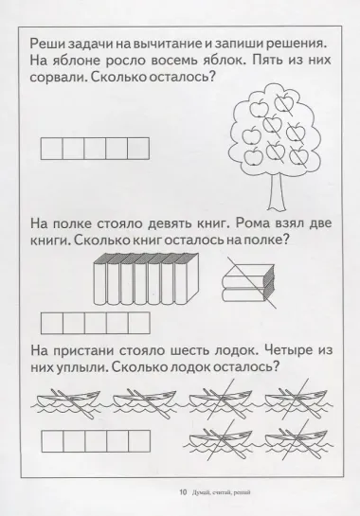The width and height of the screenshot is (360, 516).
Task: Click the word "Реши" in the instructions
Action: (x=47, y=44)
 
